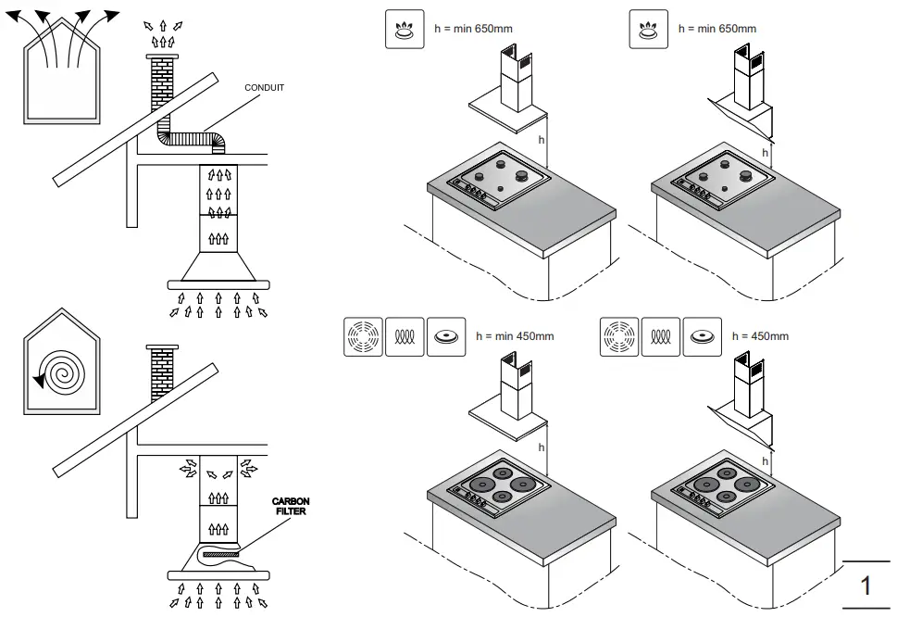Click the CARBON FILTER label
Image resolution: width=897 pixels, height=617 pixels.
291,506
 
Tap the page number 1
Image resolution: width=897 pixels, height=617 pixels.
866,586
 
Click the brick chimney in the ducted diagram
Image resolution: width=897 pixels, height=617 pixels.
161,88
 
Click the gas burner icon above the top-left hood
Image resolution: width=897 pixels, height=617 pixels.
404,29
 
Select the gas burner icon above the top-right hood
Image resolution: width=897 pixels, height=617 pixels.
648,29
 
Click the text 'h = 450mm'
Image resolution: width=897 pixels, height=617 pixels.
760,335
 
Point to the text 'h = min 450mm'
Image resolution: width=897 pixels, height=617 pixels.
514,335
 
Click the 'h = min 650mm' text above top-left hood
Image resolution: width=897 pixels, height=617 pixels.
473,29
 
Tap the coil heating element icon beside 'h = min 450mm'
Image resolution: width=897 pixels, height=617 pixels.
404,336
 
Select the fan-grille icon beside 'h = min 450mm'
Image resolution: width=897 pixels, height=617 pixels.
362,336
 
